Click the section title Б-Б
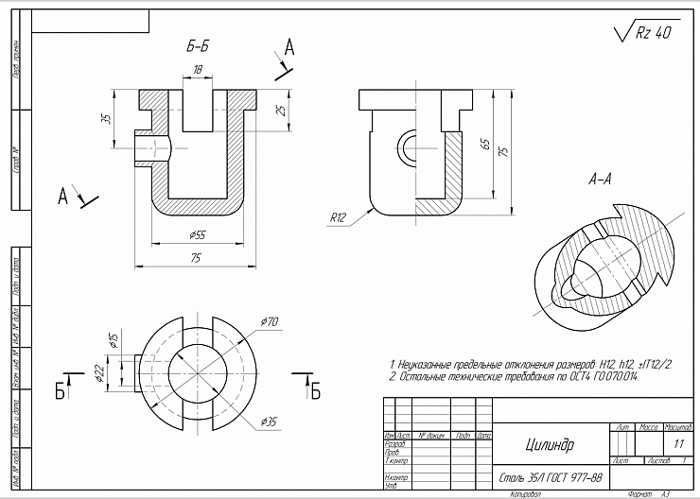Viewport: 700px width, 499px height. tap(198, 45)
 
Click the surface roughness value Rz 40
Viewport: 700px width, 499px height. tap(652, 32)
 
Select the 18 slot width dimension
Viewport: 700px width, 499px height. tap(198, 69)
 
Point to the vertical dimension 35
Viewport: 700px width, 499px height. tap(106, 119)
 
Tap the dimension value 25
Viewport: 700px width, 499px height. tap(280, 111)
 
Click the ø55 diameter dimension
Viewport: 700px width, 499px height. tap(197, 234)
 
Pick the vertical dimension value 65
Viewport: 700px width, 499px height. tap(484, 145)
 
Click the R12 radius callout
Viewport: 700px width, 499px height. tap(338, 217)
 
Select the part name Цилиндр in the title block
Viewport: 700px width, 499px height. tap(549, 443)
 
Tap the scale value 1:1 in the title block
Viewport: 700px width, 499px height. tap(677, 442)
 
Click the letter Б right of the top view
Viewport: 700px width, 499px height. tap(315, 390)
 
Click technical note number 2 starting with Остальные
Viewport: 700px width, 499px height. tap(515, 376)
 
